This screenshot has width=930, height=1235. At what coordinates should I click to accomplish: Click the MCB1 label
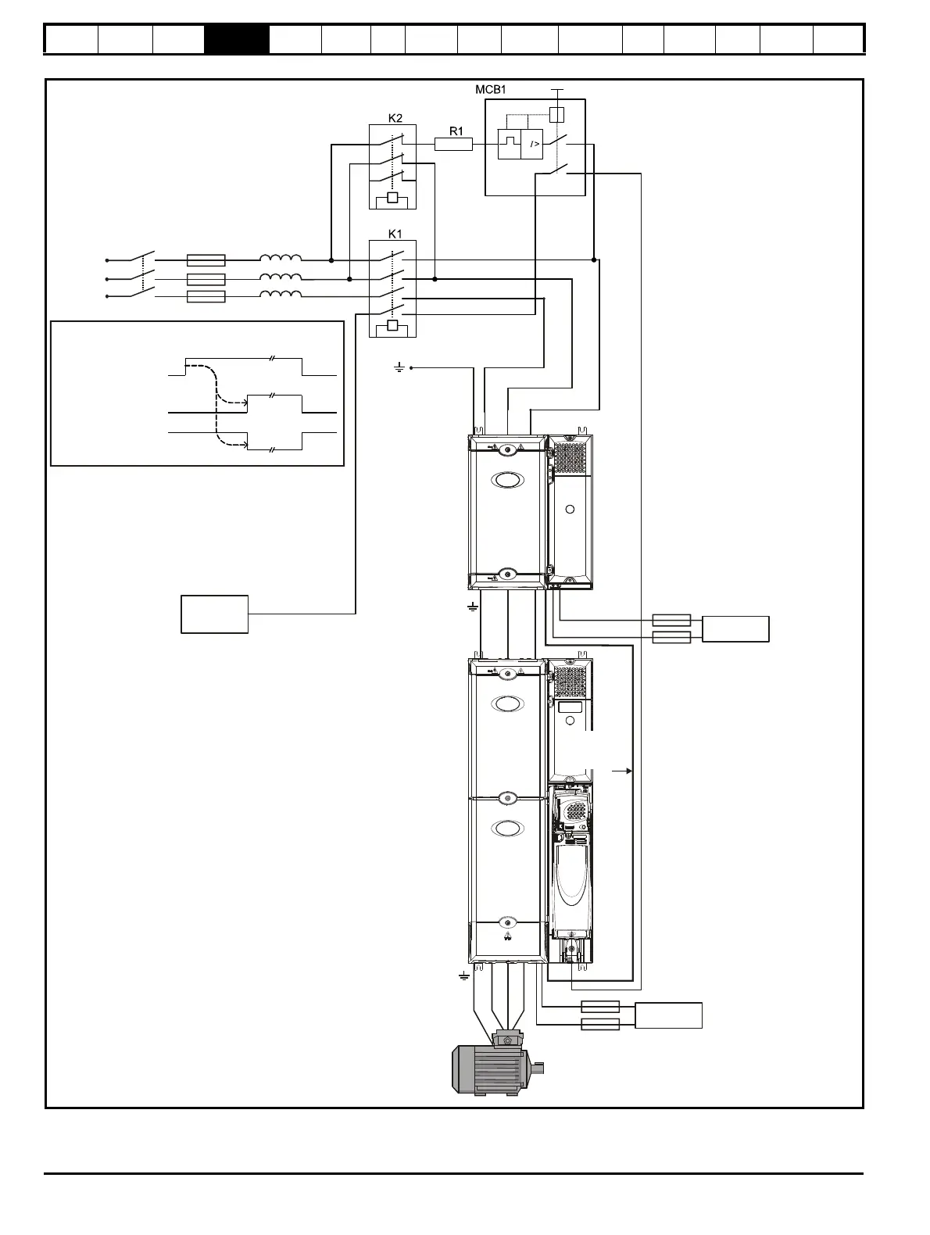pos(490,89)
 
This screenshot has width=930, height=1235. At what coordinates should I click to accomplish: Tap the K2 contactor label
pos(395,118)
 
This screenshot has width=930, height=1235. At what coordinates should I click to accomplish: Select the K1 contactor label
pos(395,234)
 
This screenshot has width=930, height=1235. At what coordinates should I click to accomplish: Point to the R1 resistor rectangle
pos(453,145)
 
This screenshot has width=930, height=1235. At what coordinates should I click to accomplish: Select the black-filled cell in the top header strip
pos(237,39)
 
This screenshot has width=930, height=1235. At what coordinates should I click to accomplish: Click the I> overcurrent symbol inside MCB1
pos(531,144)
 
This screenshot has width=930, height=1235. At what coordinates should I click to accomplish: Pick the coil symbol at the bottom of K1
pos(392,325)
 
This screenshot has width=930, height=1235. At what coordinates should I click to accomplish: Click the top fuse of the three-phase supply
pos(206,260)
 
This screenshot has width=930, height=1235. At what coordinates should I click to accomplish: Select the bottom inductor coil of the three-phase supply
pos(281,294)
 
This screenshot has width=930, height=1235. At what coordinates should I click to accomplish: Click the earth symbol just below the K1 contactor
pos(399,368)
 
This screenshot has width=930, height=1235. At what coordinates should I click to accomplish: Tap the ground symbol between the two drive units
pos(473,607)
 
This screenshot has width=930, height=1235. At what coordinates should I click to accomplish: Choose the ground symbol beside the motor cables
pos(464,976)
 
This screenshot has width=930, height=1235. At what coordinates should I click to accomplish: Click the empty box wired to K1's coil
pos(214,614)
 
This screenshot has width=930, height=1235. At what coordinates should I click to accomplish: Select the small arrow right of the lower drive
pos(622,771)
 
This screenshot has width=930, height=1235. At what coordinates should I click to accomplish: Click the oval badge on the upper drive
pos(508,480)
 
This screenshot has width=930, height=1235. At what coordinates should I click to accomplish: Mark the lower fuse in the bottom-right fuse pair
pos(600,1024)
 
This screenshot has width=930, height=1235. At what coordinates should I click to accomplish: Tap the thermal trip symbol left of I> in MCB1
pos(509,144)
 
